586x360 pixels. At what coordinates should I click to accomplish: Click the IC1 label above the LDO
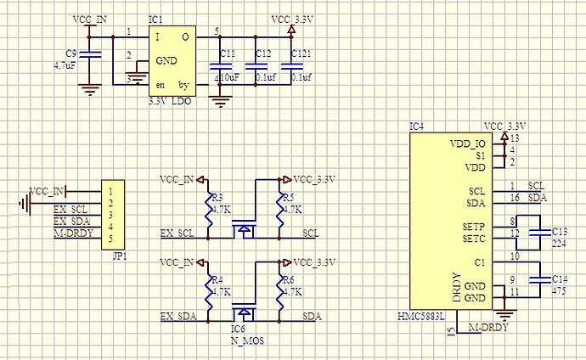coord(155,19)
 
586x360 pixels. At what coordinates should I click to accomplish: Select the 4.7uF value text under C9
coord(65,64)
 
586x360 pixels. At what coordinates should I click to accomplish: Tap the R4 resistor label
coord(217,278)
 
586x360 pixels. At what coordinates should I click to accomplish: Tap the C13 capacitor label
coord(559,230)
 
